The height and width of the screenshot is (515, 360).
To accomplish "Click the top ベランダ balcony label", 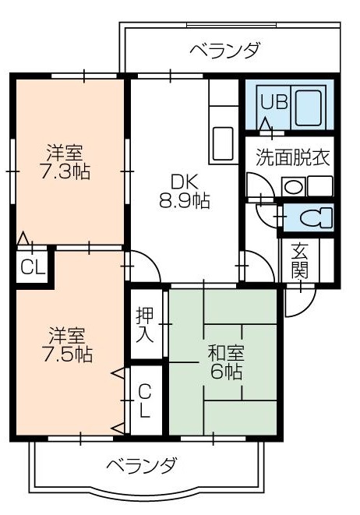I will click(x=225, y=52).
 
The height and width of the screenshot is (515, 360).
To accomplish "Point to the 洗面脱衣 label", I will click(x=293, y=158).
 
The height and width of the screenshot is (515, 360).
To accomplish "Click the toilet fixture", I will click(x=312, y=217).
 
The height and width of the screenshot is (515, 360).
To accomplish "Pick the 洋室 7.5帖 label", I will click(x=66, y=345).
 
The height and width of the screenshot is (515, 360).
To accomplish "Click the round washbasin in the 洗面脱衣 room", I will click(x=292, y=186).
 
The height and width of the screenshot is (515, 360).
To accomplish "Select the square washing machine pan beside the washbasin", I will click(x=319, y=185).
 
